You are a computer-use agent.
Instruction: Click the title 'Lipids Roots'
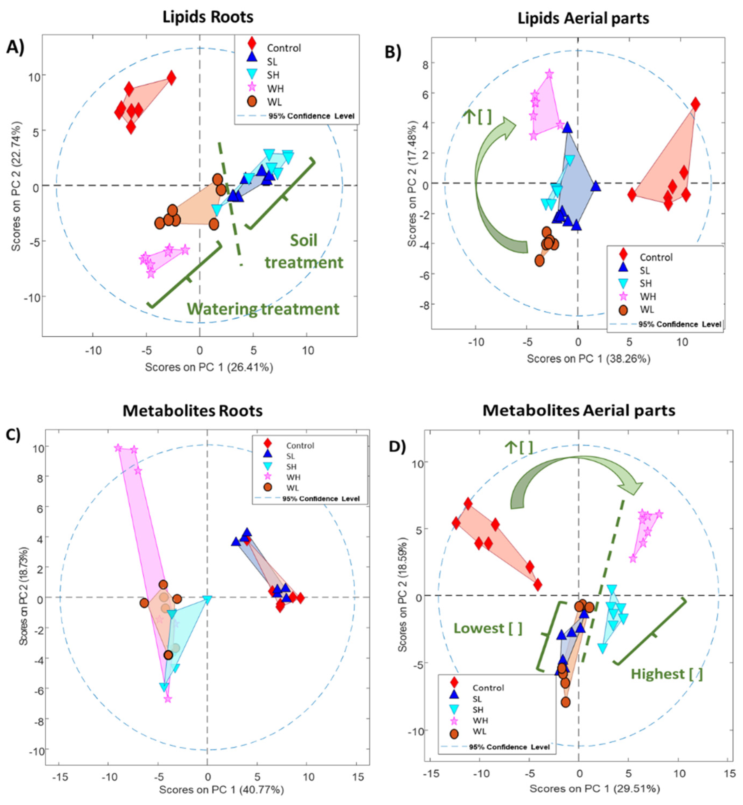pos(208,17)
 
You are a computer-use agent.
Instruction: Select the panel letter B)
pos(393,52)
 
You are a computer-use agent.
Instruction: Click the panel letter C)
pos(13,435)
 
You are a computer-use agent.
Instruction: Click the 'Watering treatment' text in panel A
pos(263,309)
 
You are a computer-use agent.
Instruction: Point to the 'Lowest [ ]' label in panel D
pos(488,628)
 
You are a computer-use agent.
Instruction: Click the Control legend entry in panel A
pos(283,48)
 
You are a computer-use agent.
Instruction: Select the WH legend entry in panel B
pos(647,296)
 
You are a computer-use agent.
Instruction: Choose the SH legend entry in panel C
pos(291,467)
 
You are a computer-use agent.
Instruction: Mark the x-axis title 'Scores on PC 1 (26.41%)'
pos(209,367)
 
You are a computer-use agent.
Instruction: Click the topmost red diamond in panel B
pos(695,104)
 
